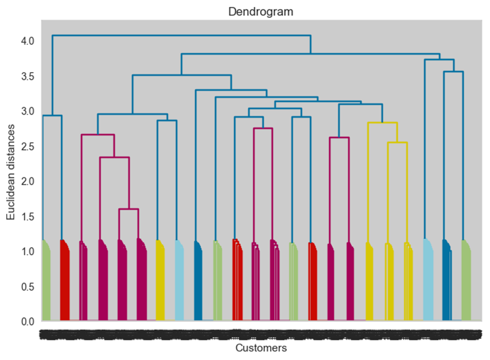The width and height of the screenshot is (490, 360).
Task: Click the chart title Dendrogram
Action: pos(261,12)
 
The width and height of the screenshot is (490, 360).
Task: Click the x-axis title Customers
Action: pos(261,348)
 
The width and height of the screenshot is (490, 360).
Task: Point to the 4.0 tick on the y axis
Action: pos(27,41)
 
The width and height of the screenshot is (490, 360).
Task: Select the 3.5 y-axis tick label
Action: pos(27,76)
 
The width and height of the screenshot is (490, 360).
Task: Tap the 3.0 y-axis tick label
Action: pos(27,111)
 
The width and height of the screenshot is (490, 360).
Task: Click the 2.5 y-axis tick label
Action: pos(27,146)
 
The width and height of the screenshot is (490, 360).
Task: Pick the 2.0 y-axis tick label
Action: pos(27,181)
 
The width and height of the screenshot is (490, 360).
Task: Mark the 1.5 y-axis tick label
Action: pos(27,216)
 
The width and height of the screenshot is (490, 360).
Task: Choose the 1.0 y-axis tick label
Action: pos(27,251)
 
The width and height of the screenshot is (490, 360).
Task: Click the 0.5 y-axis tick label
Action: pos(27,286)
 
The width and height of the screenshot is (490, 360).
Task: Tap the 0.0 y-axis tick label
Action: pos(27,321)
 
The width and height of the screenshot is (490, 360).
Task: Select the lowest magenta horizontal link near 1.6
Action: pos(128,209)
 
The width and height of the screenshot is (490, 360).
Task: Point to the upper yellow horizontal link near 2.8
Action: pos(382,123)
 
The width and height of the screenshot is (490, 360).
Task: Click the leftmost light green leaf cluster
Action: pos(45,282)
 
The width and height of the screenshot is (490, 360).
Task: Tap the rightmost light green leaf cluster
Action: pos(466,282)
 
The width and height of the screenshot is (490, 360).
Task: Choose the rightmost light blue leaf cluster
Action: pos(428,282)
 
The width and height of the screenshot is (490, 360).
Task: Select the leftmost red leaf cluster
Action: pos(64,282)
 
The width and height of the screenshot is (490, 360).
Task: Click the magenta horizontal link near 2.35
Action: pos(114,157)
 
